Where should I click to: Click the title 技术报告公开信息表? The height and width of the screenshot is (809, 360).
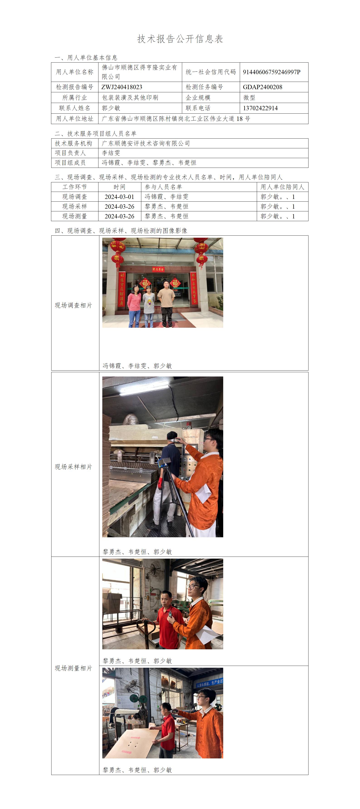tap(180, 39)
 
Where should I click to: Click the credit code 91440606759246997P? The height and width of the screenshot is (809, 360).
tap(271, 72)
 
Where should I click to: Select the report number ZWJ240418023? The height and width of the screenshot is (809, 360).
tap(122, 87)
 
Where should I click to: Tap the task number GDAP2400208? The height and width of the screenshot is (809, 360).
tap(262, 87)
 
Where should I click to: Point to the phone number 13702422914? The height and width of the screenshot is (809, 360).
tap(260, 108)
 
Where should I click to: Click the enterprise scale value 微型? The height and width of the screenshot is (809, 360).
tap(249, 98)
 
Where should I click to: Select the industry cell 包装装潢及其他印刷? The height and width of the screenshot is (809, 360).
tap(130, 98)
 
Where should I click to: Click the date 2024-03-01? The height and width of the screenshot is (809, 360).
tap(119, 197)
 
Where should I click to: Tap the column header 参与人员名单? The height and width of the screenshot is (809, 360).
tap(163, 187)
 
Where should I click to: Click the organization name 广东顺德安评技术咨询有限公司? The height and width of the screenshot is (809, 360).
tap(146, 144)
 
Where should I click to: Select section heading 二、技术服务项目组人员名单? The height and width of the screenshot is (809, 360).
tap(96, 133)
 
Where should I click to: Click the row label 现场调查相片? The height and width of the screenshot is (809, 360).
tap(73, 305)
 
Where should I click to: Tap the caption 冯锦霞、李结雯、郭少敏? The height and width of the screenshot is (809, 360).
tap(137, 366)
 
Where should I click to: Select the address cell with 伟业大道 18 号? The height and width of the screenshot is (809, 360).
tap(176, 119)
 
